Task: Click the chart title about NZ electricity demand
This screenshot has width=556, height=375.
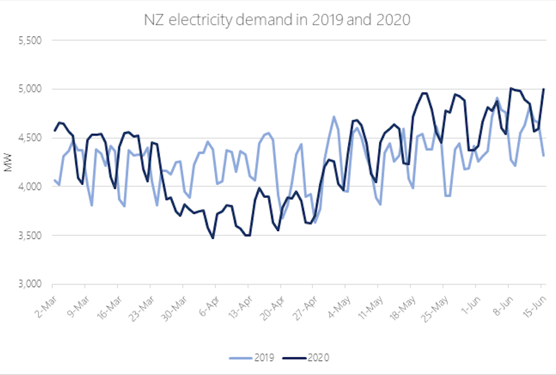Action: pyautogui.click(x=277, y=20)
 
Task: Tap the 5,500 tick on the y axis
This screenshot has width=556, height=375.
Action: pyautogui.click(x=29, y=40)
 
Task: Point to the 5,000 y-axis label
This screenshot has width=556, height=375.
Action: pyautogui.click(x=29, y=89)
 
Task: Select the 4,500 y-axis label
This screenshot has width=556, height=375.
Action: pyautogui.click(x=29, y=138)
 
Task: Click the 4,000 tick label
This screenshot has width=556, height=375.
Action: pyautogui.click(x=29, y=187)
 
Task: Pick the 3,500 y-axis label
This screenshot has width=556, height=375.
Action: pyautogui.click(x=29, y=236)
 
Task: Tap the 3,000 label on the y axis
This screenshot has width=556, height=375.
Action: pyautogui.click(x=29, y=285)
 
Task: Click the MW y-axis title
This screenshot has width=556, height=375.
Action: pyautogui.click(x=9, y=162)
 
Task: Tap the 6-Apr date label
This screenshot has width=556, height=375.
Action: pyautogui.click(x=207, y=299)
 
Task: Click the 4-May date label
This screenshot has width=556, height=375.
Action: pyautogui.click(x=338, y=299)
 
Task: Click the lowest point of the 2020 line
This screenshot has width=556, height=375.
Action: pyautogui.click(x=212, y=238)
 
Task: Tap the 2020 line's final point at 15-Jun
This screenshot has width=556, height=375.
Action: pyautogui.click(x=543, y=89)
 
